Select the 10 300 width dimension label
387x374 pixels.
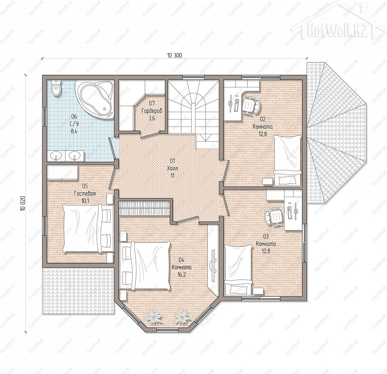174,55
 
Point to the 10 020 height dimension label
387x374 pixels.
23,203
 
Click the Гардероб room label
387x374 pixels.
152,111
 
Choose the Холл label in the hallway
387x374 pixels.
172,168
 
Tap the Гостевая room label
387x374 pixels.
85,193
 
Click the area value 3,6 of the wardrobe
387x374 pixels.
152,118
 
